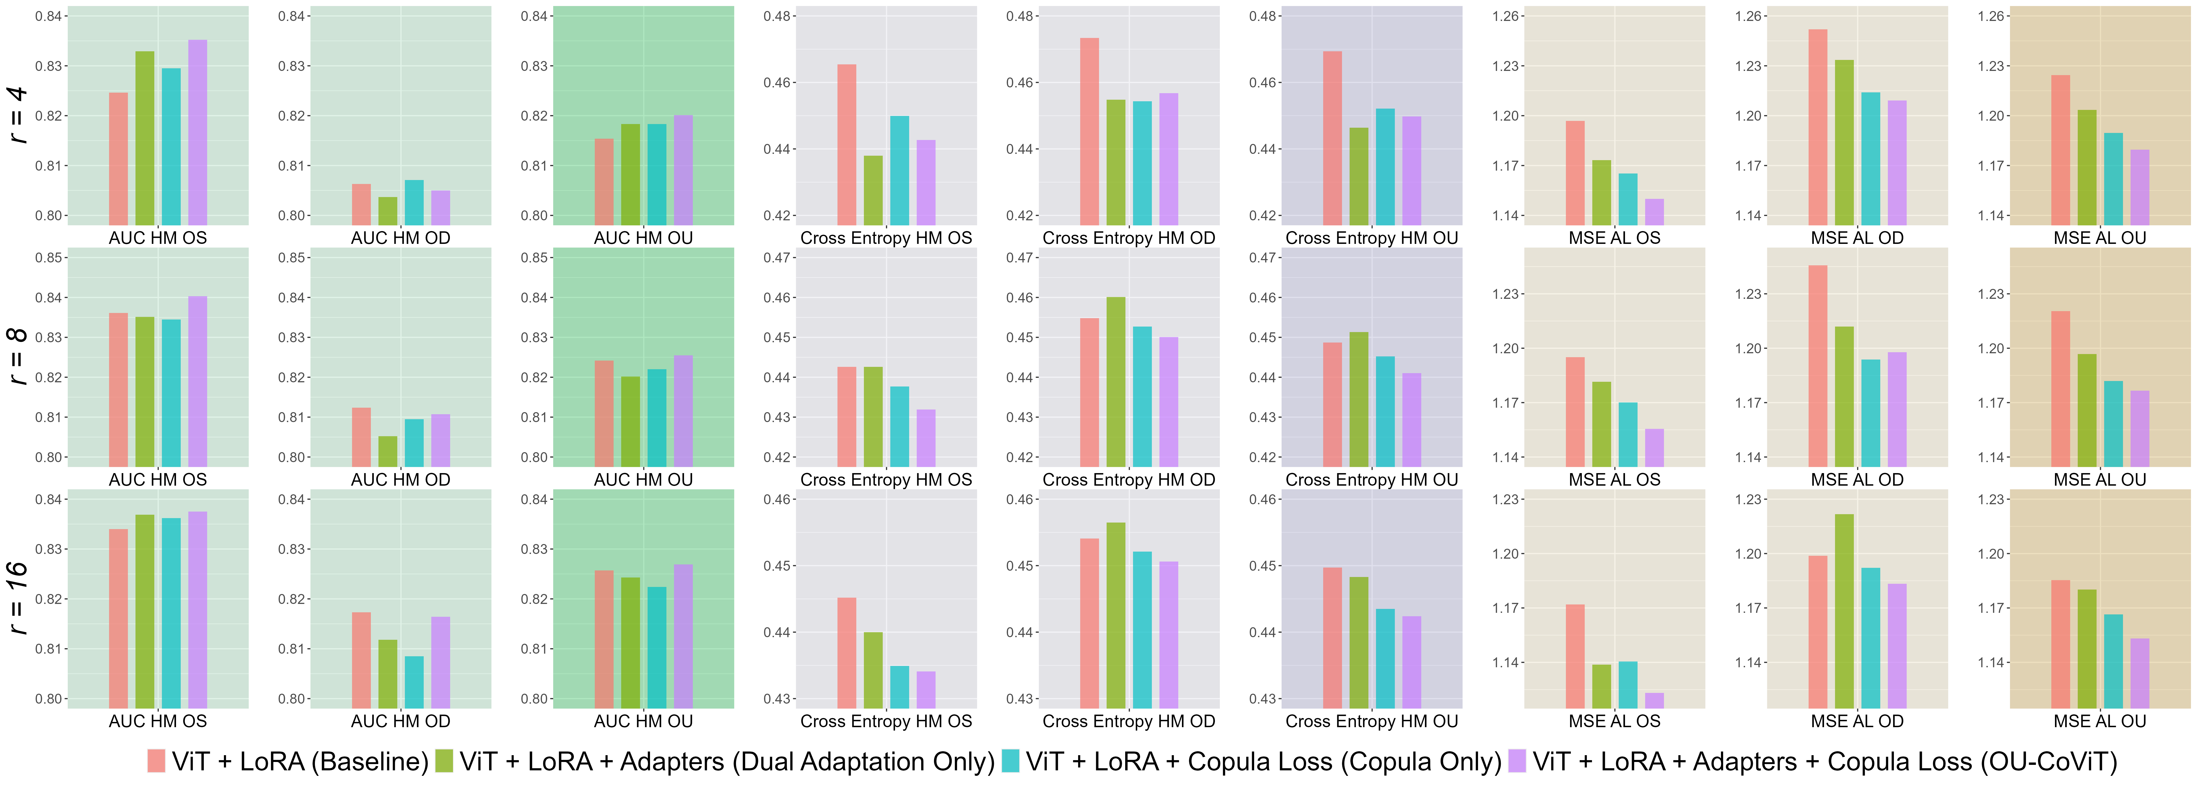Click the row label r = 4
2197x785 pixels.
(17, 115)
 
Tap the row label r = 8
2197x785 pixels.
(17, 357)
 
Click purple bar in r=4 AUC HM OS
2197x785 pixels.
(197, 132)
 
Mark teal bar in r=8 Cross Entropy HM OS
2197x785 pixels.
(899, 427)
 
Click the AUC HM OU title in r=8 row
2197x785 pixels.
(643, 480)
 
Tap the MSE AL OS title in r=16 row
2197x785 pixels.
(1615, 721)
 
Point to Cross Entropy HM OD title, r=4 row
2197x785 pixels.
(1128, 238)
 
